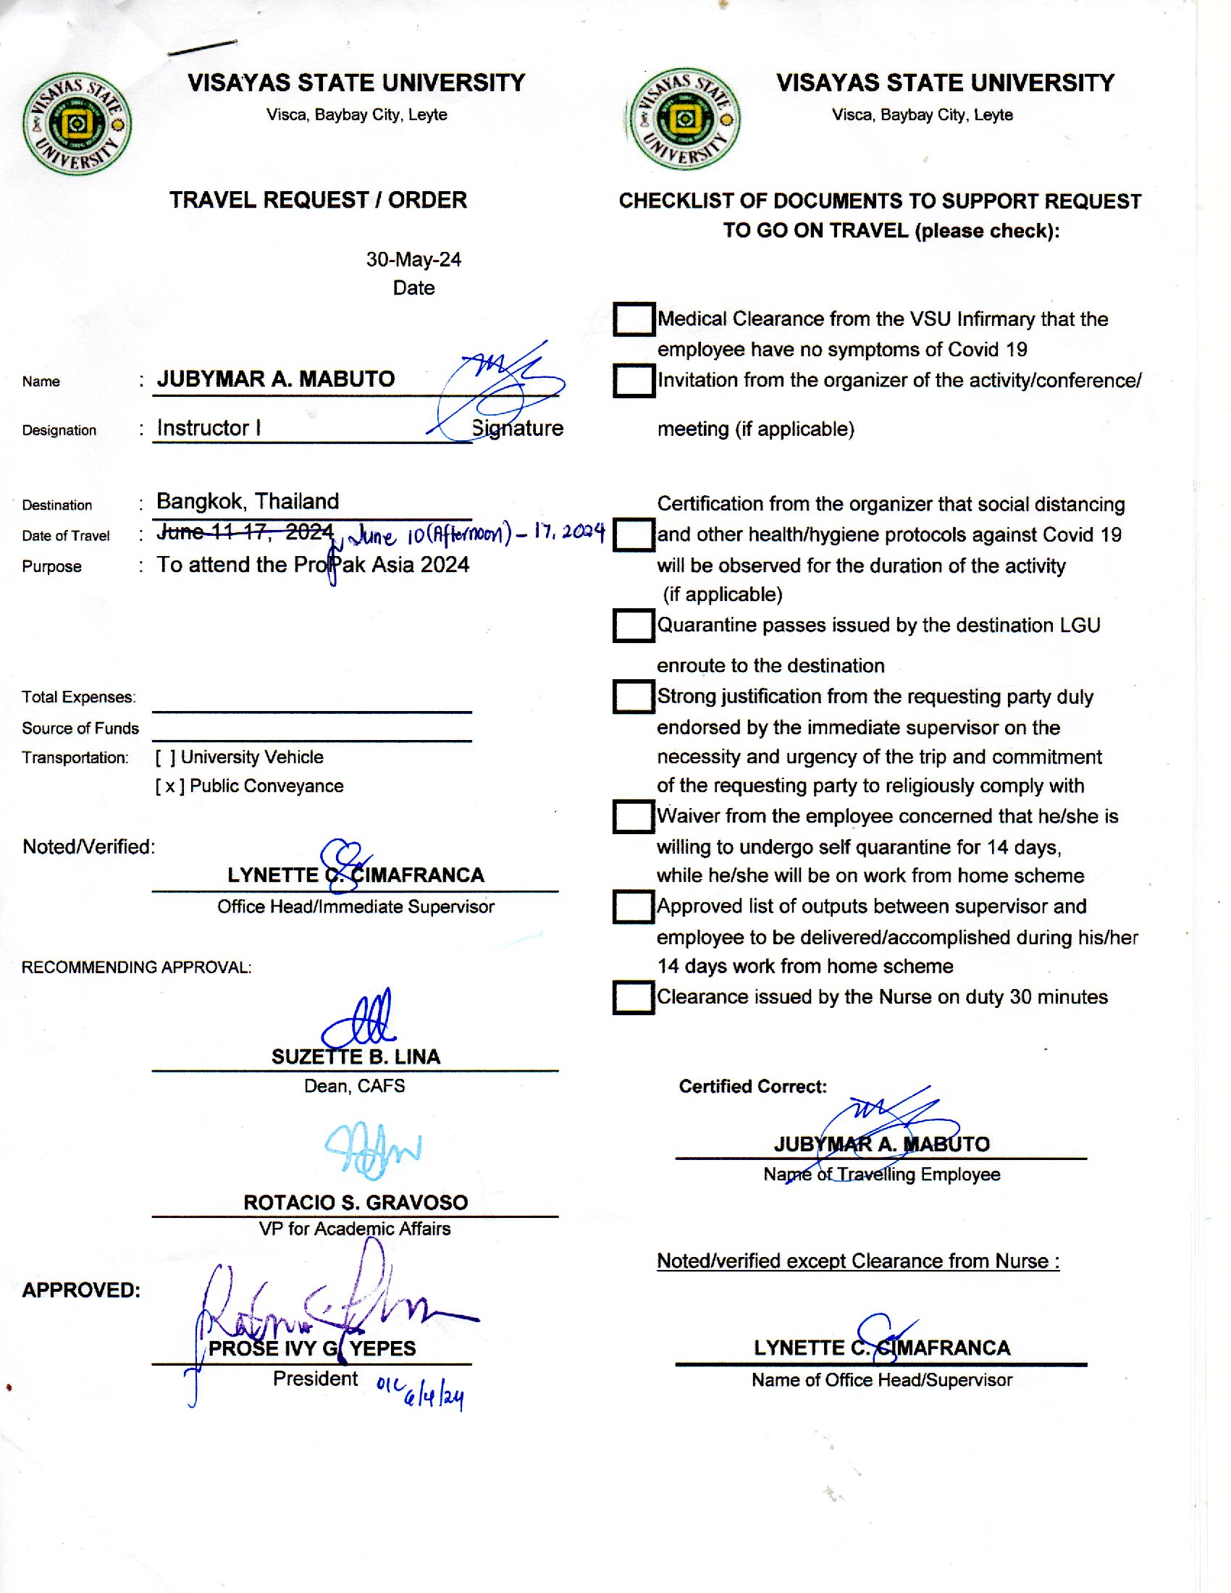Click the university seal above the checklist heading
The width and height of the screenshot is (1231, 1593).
(685, 119)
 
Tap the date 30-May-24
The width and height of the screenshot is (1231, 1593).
(413, 260)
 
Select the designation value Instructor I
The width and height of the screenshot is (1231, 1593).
(209, 428)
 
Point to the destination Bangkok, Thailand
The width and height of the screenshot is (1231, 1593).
(248, 501)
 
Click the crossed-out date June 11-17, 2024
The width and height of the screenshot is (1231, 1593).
(245, 532)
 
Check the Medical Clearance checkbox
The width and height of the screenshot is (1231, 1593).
(633, 319)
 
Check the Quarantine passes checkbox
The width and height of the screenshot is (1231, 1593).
(633, 625)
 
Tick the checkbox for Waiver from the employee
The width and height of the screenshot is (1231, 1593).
(633, 817)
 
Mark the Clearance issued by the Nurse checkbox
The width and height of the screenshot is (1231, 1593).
(633, 997)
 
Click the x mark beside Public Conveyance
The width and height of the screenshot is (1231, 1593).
(170, 786)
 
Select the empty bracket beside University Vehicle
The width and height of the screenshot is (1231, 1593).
(166, 757)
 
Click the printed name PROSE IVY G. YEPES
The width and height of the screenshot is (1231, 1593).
(312, 1349)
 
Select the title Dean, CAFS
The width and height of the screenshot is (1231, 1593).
(354, 1086)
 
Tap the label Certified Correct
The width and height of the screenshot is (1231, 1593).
(752, 1087)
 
